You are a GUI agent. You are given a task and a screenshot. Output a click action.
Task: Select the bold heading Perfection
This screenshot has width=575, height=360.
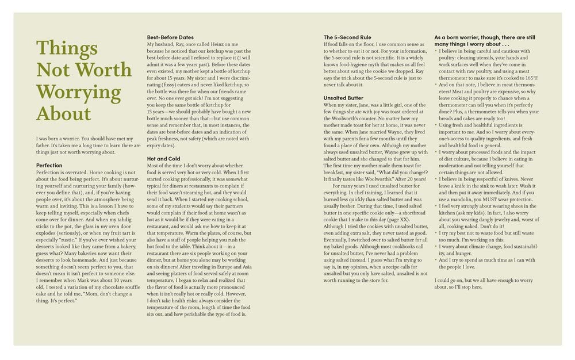49,166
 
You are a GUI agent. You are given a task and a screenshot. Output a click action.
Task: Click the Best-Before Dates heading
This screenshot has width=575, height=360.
170,38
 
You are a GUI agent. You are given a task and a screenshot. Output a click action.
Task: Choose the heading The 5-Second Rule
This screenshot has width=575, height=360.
347,38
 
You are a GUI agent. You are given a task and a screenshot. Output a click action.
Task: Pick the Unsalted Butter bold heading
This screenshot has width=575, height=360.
343,98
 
